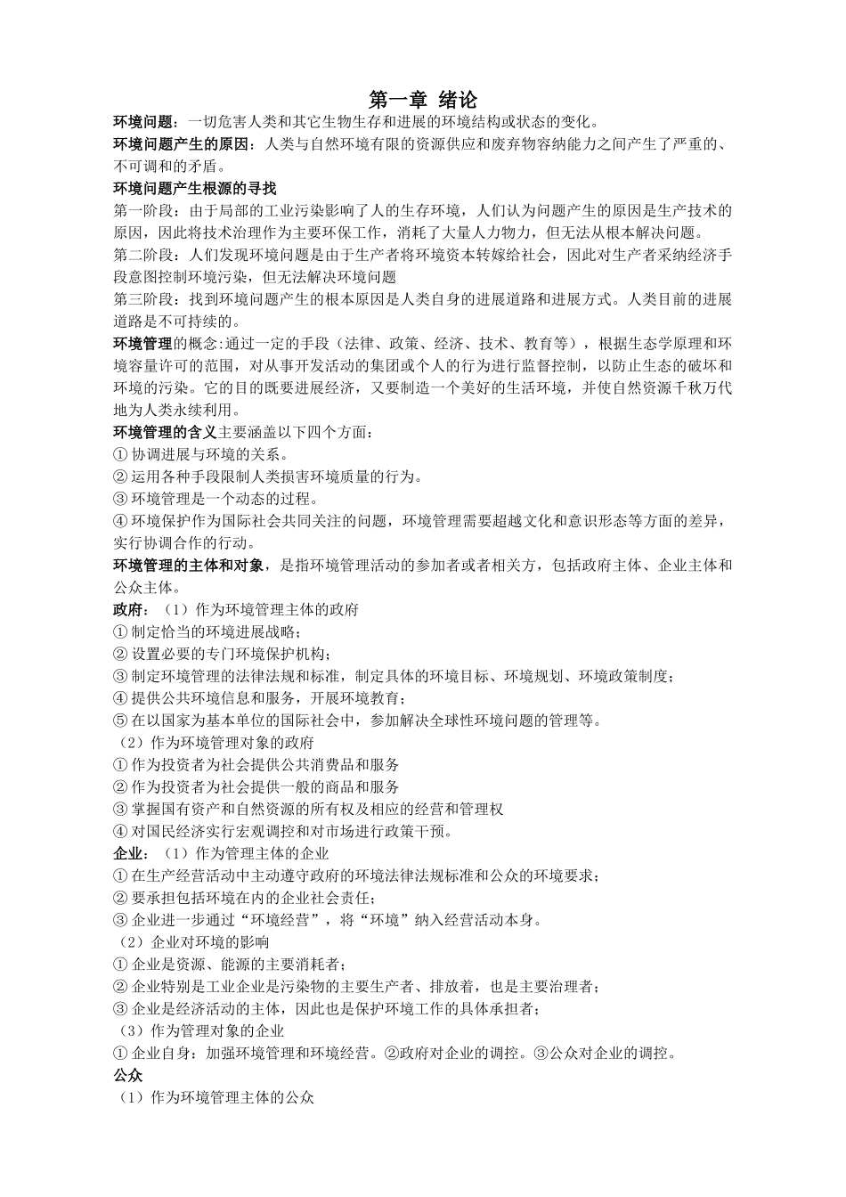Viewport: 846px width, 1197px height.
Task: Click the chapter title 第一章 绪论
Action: (x=423, y=99)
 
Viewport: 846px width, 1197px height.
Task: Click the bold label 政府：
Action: (x=133, y=609)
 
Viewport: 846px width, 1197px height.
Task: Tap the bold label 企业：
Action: (x=133, y=853)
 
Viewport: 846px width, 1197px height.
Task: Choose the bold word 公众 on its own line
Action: (x=128, y=1075)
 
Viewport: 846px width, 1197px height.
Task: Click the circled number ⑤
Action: (x=121, y=721)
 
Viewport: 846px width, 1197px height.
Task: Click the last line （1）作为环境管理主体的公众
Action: (x=217, y=1097)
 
